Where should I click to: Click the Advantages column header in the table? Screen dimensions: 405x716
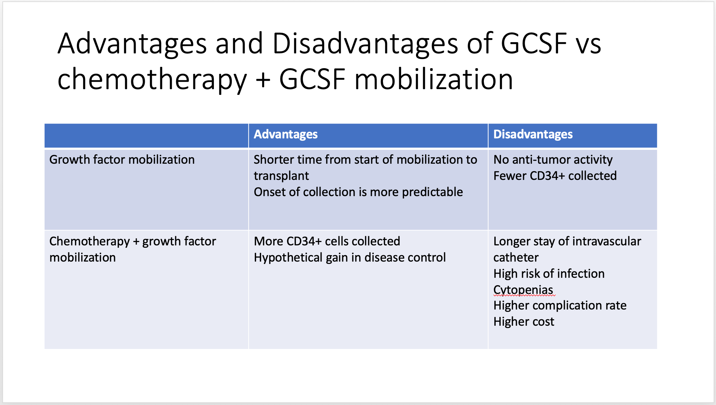pos(285,134)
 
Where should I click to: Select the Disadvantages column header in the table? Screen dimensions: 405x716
pos(533,134)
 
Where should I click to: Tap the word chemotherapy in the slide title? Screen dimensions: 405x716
pos(152,80)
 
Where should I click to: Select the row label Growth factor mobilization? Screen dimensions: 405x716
pos(122,160)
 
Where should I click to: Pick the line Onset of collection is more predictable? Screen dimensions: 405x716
pos(358,192)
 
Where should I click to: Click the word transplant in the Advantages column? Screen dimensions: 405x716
pos(281,176)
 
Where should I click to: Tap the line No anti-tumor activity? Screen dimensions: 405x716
pos(553,160)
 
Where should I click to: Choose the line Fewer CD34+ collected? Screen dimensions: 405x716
pos(555,176)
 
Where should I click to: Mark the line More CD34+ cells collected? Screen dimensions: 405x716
pos(327,241)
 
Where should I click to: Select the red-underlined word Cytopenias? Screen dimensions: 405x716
pos(523,290)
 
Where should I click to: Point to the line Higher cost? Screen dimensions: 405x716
pos(524,322)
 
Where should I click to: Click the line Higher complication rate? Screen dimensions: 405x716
pos(560,305)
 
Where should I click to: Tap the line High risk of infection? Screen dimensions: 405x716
pos(549,274)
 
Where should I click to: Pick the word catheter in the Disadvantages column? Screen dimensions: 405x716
pos(516,258)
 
